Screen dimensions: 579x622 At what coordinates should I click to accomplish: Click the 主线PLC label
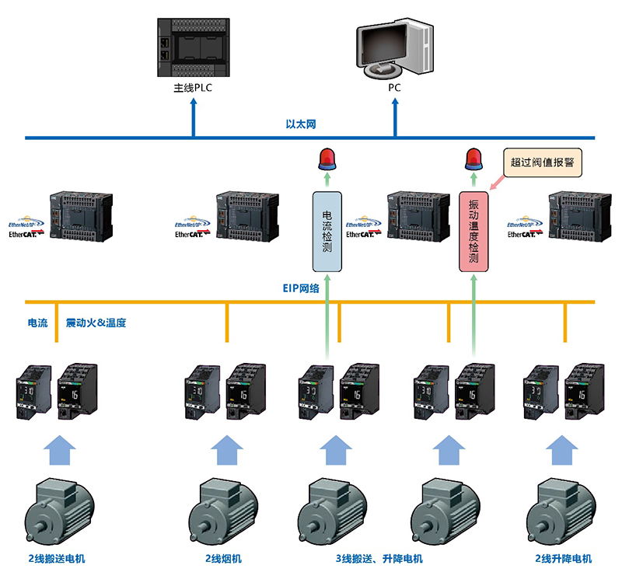(x=193, y=88)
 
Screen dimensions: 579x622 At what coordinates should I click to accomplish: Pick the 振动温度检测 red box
(x=473, y=231)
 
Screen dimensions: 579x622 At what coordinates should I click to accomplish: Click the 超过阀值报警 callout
(x=543, y=162)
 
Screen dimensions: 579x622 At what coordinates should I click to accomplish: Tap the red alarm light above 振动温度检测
(x=473, y=159)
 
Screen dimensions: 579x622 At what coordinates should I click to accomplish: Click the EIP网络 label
(x=301, y=288)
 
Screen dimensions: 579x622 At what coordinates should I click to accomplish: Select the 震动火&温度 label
(x=96, y=323)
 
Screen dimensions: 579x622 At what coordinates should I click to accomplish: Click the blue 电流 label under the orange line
(x=37, y=323)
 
